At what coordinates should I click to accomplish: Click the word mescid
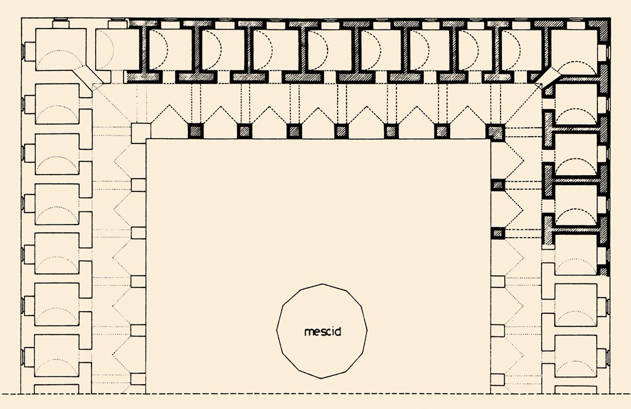point(322,332)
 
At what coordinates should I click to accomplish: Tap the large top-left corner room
point(60,49)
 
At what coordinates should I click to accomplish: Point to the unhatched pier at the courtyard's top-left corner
point(141,133)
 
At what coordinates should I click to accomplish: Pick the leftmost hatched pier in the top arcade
point(196,131)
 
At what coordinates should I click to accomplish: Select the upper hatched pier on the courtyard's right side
point(498,185)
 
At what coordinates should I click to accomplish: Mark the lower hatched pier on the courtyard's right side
point(498,233)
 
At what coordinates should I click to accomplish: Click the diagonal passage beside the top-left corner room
point(88,76)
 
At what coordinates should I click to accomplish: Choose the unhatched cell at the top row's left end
point(117,49)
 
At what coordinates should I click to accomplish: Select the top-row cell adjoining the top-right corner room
point(522,49)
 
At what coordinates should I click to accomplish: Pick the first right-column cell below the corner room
point(576,104)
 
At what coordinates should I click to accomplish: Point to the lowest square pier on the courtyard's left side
point(138,379)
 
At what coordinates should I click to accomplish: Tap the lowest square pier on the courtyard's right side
point(498,380)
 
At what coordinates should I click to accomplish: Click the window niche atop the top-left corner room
point(60,24)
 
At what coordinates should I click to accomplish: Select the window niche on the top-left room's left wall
point(29,52)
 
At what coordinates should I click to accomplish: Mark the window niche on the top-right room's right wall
point(603,53)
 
